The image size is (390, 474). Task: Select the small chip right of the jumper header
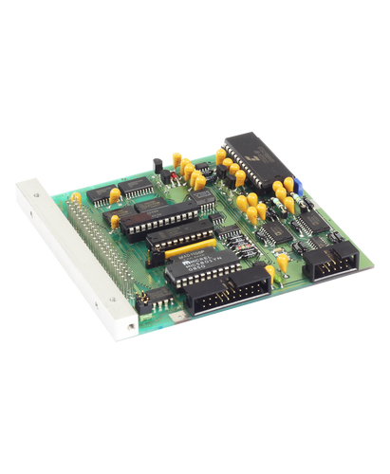[x=162, y=304]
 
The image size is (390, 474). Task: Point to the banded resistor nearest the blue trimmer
[x=307, y=202]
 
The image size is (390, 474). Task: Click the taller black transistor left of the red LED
[x=162, y=173]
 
